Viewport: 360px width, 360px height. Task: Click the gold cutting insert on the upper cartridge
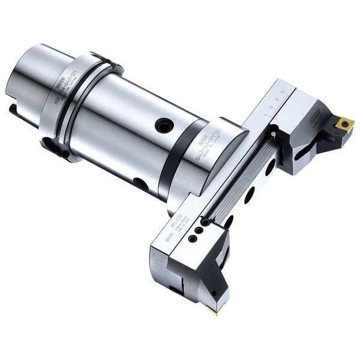[344, 124]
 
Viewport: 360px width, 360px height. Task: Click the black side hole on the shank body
[164, 125]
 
